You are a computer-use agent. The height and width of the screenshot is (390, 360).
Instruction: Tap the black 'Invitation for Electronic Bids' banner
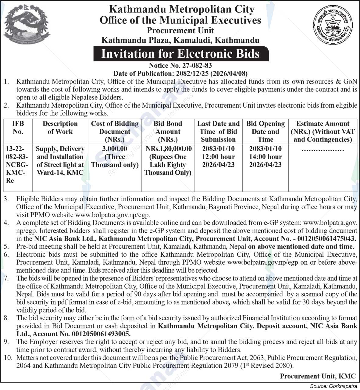point(180,54)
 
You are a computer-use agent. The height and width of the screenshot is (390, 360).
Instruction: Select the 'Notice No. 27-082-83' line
point(180,65)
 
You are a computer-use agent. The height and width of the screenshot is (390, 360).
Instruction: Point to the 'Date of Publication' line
point(180,73)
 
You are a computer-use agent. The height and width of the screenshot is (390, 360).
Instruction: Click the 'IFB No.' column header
point(18,128)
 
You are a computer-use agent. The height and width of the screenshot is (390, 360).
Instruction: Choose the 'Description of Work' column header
point(60,128)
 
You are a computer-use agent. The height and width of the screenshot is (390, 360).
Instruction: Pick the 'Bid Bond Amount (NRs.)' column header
point(168,131)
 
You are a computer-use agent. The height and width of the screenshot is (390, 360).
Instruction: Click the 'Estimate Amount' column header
point(323,131)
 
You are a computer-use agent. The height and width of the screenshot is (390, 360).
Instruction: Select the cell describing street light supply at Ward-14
point(60,161)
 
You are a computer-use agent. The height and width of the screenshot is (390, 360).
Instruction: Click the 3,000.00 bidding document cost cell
point(115,157)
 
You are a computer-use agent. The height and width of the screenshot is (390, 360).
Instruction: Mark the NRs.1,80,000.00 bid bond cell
point(168,161)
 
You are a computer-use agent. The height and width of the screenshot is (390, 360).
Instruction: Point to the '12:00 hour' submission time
point(218,157)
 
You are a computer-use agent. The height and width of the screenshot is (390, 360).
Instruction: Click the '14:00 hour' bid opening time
point(265,157)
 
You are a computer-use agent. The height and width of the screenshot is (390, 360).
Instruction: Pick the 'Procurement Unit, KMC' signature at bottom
point(318,376)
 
